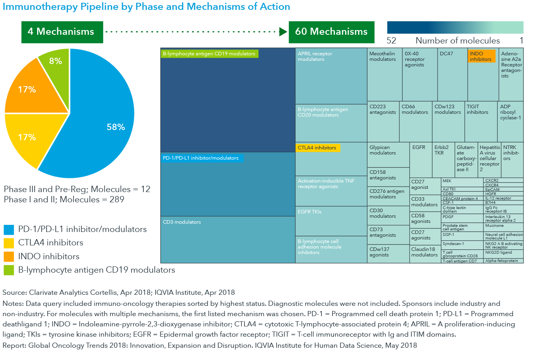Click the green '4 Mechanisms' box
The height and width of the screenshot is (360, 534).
coord(62,32)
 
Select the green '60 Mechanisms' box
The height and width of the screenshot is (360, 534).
coord(331,32)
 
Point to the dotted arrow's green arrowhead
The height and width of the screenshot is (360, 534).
coord(283,32)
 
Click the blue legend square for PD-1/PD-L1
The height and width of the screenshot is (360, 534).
coord(9,230)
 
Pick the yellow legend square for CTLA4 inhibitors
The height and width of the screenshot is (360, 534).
coord(9,243)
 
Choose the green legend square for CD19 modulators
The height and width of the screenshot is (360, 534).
coord(9,270)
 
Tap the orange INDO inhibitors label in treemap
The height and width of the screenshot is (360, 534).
coord(481,56)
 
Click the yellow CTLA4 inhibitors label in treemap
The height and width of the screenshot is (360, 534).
coord(318,148)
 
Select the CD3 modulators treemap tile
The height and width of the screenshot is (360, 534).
coord(228,239)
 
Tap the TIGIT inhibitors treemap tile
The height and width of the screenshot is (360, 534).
coord(480,121)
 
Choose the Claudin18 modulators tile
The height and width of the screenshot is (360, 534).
coord(425,253)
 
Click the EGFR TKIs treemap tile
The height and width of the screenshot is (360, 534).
coord(331,221)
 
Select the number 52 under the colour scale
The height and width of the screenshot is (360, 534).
coord(391,41)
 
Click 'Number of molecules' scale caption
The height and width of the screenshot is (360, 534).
coord(457,41)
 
